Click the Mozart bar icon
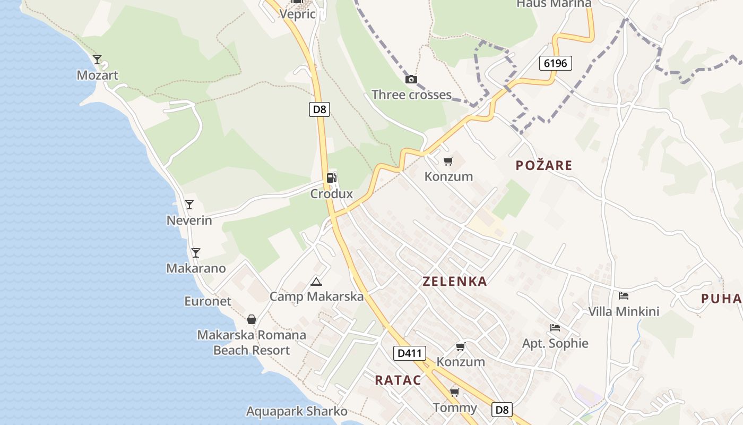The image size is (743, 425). pos(97,59)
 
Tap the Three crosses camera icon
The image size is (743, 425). pos(411,80)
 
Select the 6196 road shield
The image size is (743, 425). pos(556,63)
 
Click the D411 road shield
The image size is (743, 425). pos(410,353)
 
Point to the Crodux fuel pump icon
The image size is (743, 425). pos(331,177)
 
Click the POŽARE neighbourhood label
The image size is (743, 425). pos(544,165)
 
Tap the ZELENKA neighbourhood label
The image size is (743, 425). pos(455,282)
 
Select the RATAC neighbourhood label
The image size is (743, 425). pos(398,380)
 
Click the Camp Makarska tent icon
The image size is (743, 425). pos(316,282)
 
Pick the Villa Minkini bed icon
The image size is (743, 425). pos(624,295)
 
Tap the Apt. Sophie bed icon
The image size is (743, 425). pos(555,327)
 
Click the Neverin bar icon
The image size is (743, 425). pos(189,205)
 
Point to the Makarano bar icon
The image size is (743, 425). pos(196,253)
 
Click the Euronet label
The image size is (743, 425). pos(208,301)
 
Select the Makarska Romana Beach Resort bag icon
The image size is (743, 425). pos(252,319)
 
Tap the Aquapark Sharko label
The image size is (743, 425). pos(297,411)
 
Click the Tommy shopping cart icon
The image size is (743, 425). pos(454,393)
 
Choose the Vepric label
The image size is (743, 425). pos(297,14)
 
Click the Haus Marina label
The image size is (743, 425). pos(554,4)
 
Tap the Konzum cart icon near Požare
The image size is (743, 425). pos(448,161)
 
